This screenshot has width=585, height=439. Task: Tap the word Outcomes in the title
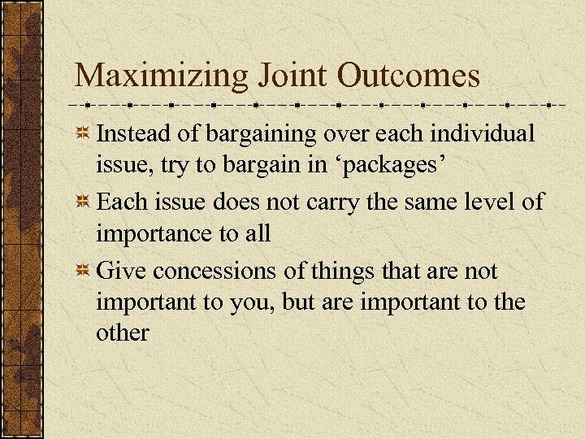click(x=409, y=76)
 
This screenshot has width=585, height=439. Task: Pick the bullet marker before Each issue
click(x=83, y=202)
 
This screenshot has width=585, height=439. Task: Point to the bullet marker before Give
click(x=83, y=272)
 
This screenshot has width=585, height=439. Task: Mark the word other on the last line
click(x=123, y=333)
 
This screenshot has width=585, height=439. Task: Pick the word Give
click(x=121, y=271)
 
